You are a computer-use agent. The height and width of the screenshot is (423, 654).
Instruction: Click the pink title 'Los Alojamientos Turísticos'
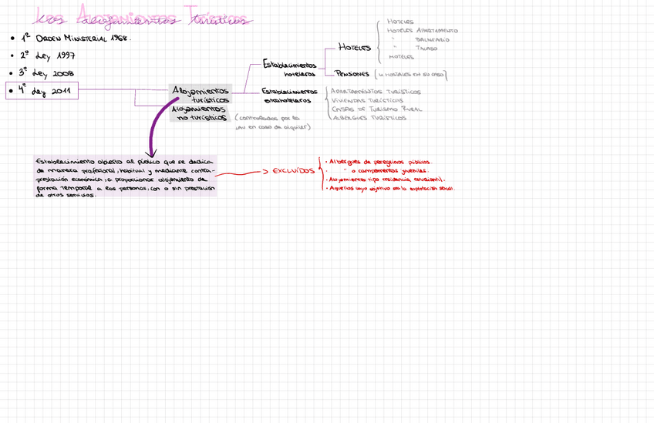143,18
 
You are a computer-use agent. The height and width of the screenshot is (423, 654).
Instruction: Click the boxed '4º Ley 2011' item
46,91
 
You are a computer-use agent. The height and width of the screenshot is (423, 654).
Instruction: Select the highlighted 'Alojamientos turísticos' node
202,95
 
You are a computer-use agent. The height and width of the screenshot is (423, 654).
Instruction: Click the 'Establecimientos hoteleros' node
290,69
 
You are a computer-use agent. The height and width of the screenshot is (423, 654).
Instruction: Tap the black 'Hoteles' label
355,48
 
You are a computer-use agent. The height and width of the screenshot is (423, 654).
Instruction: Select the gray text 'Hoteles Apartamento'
422,31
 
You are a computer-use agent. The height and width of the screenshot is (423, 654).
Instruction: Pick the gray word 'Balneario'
432,39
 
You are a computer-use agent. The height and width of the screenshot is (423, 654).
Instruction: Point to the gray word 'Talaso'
426,48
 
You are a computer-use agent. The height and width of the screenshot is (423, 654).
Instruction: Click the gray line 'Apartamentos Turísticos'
376,92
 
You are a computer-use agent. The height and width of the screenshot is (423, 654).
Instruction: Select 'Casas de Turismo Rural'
376,109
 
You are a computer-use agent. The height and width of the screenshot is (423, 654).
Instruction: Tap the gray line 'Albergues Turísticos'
369,119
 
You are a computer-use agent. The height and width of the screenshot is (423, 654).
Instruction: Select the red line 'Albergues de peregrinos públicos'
378,162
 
